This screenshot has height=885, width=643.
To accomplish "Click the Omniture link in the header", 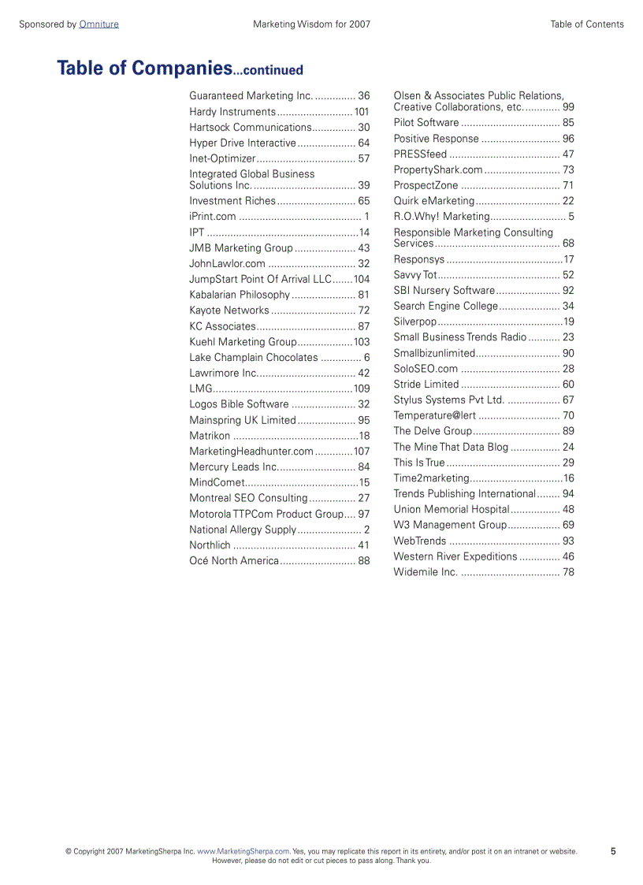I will point(98,24).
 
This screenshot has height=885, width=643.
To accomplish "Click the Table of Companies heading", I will point(180,69).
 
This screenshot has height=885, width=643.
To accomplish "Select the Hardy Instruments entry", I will point(232,112).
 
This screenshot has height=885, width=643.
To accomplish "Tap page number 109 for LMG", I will point(362,389).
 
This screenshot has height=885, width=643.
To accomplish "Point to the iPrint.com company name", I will point(213,217).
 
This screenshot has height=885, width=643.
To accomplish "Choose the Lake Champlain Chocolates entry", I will point(254,358).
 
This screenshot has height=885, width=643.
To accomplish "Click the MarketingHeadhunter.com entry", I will point(251,452).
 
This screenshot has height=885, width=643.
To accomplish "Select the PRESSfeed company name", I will point(420,154).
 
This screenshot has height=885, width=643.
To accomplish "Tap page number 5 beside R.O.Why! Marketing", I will point(571,217).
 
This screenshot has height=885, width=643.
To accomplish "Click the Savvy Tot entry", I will point(415,275).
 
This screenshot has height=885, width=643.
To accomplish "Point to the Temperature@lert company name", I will point(434,415).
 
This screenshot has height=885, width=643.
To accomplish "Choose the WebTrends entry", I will point(420,541).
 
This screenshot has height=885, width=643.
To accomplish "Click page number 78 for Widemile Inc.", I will point(568,572).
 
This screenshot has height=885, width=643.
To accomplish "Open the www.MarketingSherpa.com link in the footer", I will point(243,851).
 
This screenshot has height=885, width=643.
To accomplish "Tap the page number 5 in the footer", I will point(613,851).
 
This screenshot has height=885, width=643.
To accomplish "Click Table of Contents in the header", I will point(587,24).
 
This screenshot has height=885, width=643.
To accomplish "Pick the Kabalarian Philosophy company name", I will point(240,295).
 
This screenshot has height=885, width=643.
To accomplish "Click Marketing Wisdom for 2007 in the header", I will point(311,24).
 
